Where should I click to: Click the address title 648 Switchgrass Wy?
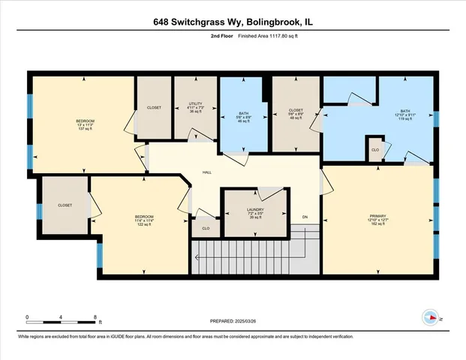[x=233, y=22]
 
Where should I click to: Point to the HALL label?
[x=206, y=172]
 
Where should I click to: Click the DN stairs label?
[x=305, y=217]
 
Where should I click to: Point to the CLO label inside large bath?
[x=374, y=150]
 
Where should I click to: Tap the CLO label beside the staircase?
[x=206, y=228]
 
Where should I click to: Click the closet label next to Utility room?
[x=154, y=108]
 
